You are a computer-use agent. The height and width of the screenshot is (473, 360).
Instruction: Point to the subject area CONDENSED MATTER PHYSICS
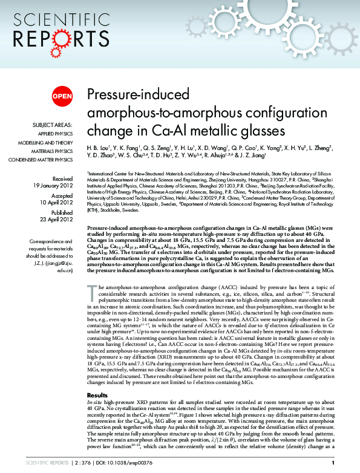point(40,160)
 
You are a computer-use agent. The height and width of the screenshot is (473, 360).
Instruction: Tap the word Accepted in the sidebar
point(62,196)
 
